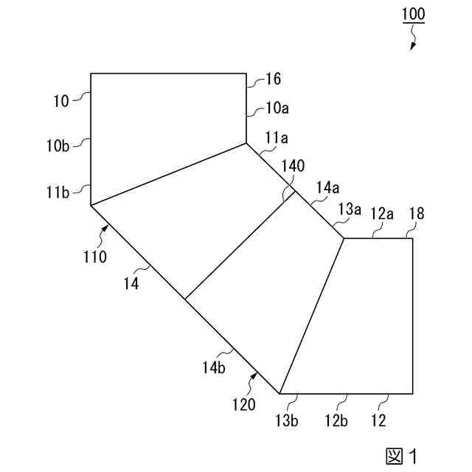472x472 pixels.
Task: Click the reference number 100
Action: [x=414, y=14]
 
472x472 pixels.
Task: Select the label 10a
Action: [x=277, y=108]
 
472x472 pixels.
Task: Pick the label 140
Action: [x=292, y=166]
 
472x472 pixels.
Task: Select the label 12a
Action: [x=381, y=213]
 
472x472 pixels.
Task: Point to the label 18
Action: [x=417, y=214]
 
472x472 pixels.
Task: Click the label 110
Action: [x=95, y=257]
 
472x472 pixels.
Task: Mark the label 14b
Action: [x=216, y=367]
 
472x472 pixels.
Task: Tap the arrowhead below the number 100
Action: [x=412, y=46]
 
